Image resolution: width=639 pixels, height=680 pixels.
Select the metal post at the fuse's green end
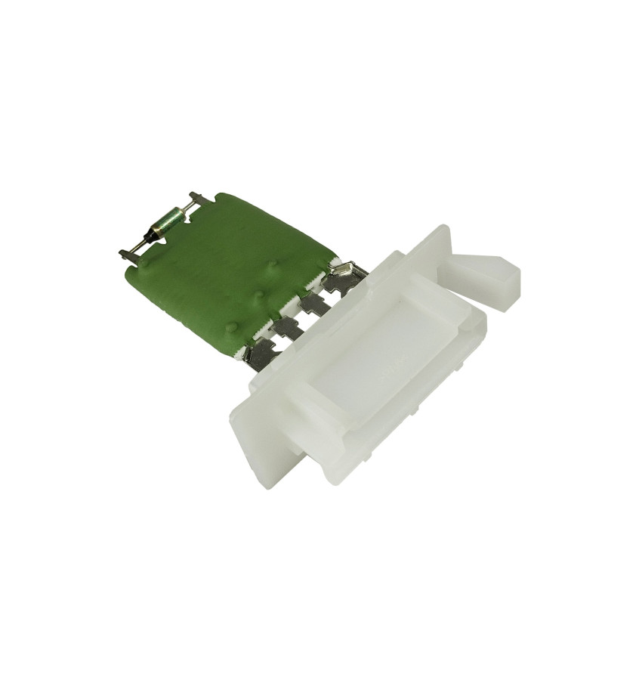[x=195, y=199]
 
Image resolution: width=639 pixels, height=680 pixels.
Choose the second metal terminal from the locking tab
[x=313, y=301]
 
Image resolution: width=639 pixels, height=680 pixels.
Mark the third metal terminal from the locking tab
[x=285, y=326]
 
